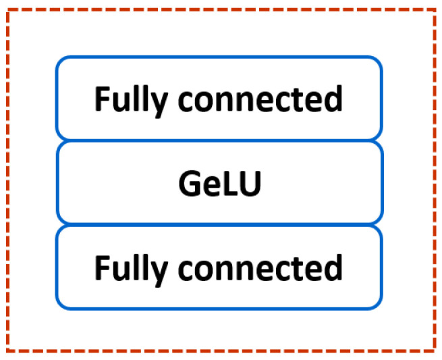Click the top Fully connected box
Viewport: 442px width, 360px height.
(219, 99)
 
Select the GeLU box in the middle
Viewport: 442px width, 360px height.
(219, 183)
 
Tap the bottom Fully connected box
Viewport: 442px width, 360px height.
(219, 267)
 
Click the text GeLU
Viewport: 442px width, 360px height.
(219, 184)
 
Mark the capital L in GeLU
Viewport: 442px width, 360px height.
(229, 184)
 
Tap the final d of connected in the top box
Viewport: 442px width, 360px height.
(334, 99)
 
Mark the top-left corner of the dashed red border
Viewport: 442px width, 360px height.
(7, 9)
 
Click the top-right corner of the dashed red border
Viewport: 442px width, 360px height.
(434, 9)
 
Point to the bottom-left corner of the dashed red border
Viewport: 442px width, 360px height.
(7, 351)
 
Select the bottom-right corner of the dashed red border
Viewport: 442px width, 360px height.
(434, 351)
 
